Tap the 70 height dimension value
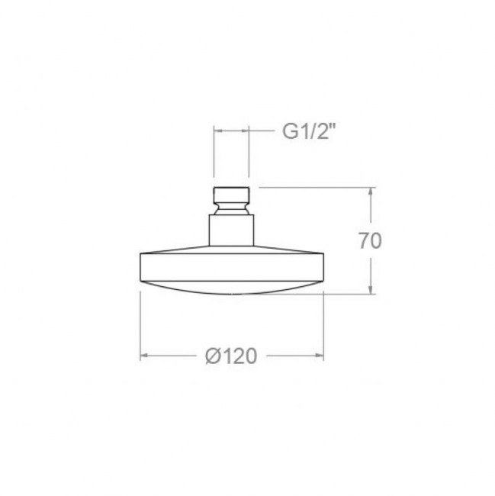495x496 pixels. (x=370, y=240)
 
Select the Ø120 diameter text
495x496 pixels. (x=231, y=356)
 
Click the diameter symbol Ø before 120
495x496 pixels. (x=213, y=356)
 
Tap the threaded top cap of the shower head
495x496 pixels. (x=231, y=195)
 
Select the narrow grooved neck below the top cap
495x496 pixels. (x=231, y=209)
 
